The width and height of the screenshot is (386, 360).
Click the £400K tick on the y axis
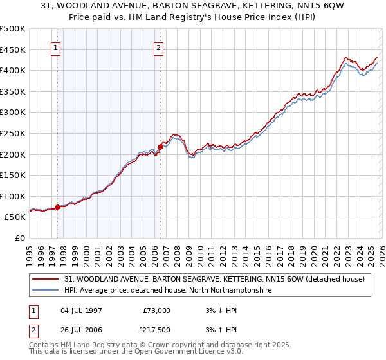coord(13,70)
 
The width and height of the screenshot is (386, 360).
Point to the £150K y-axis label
coord(13,175)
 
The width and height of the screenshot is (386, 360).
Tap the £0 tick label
coord(20,238)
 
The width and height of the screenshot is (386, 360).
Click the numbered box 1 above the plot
coord(55,47)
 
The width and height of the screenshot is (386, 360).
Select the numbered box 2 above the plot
coord(158,47)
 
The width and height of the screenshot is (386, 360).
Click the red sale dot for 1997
coord(57,207)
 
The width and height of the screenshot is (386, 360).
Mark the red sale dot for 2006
coord(160,147)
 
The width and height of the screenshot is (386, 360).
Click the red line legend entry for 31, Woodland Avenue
coord(215,279)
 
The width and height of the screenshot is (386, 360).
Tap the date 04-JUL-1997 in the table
coord(82,310)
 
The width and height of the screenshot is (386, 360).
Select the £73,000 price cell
coord(155,310)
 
